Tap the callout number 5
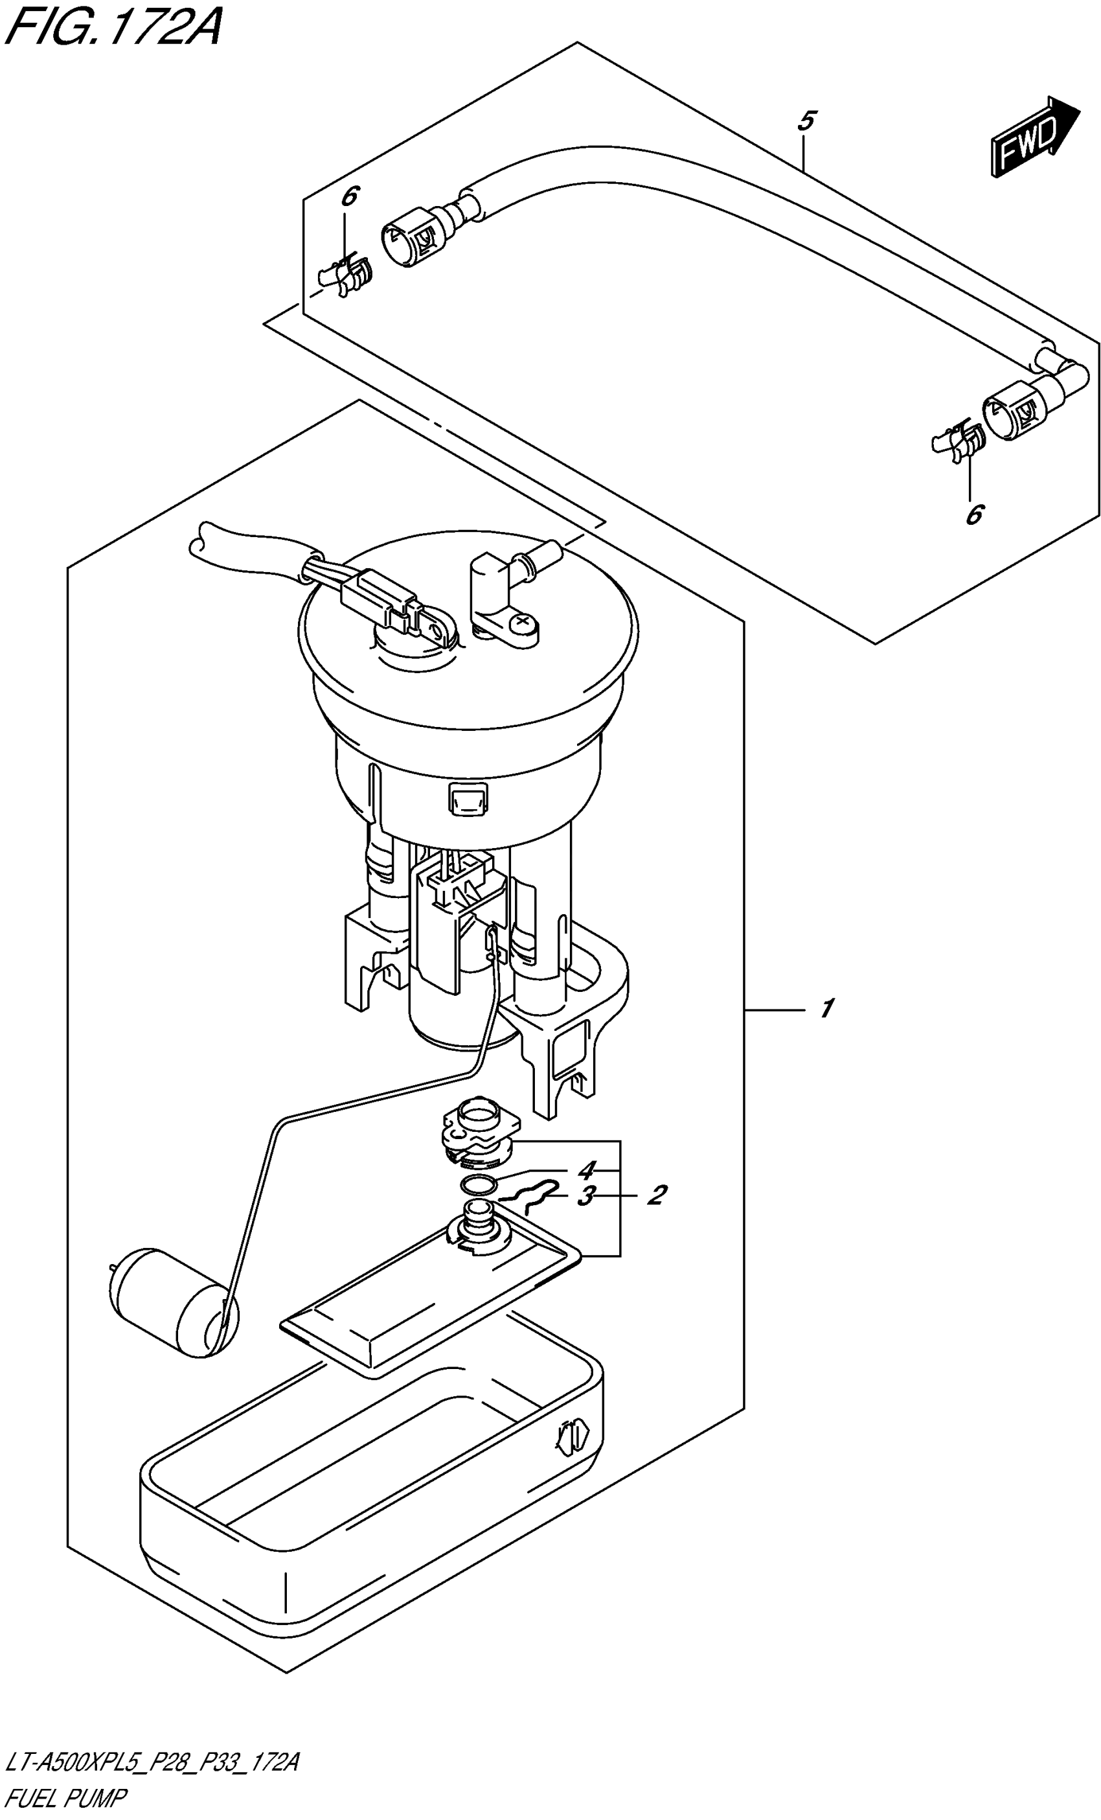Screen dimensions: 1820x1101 tap(806, 121)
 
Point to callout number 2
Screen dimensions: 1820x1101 tap(655, 1194)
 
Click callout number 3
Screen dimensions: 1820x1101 tap(585, 1197)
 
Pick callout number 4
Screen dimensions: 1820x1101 tap(586, 1170)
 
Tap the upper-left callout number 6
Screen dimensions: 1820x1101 tap(349, 196)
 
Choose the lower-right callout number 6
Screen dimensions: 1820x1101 tap(975, 514)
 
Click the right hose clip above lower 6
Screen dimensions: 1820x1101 tap(957, 443)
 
